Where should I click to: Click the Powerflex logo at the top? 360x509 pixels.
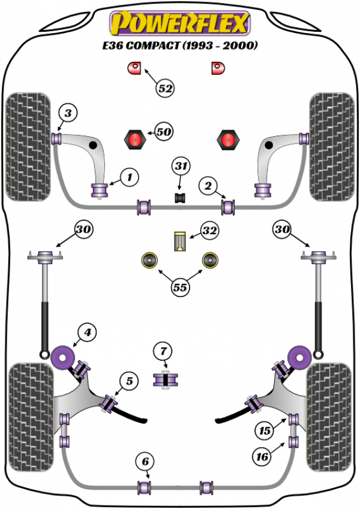(x=179, y=25)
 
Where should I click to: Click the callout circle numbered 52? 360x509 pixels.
(x=166, y=89)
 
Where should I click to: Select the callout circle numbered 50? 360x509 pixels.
(x=163, y=131)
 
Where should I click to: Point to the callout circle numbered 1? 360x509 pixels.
(x=129, y=176)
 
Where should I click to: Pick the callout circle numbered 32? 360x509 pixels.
(x=209, y=230)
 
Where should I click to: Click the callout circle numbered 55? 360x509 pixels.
(x=180, y=288)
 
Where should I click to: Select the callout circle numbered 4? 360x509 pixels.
(x=87, y=332)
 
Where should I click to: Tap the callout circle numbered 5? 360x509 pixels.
(x=129, y=380)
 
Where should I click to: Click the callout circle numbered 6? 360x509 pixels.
(x=144, y=462)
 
